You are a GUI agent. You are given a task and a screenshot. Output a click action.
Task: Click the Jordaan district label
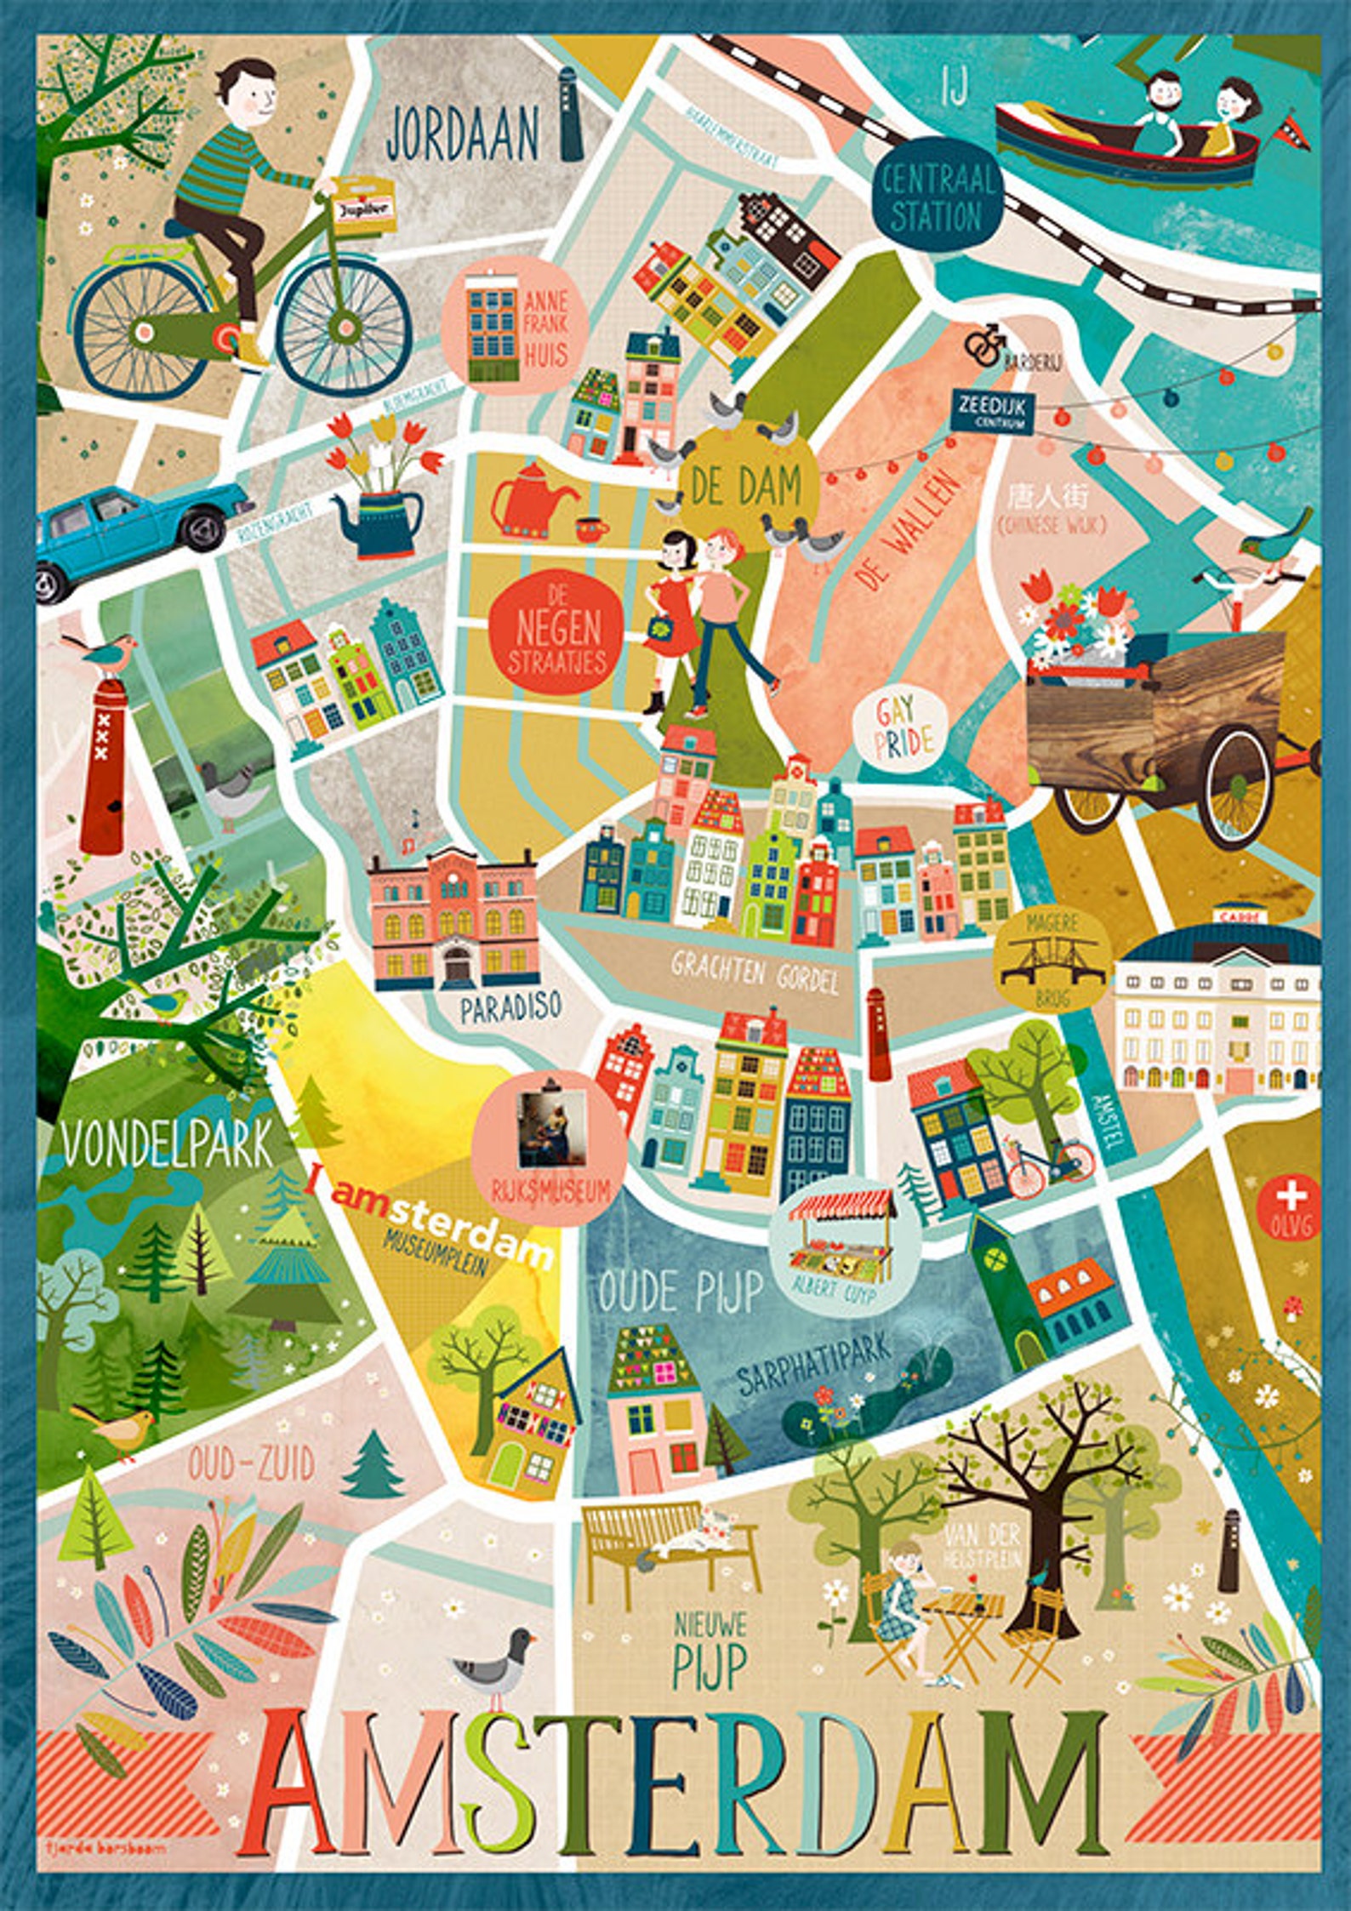pyautogui.click(x=462, y=134)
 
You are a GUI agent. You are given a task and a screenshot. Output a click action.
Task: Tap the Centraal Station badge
pyautogui.click(x=937, y=198)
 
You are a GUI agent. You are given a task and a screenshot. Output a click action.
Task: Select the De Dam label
pyautogui.click(x=747, y=486)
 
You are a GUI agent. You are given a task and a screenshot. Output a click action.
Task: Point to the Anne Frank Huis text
pyautogui.click(x=545, y=328)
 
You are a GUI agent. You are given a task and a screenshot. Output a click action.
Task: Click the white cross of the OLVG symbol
pyautogui.click(x=1291, y=1196)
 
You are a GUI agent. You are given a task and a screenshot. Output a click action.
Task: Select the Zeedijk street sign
pyautogui.click(x=991, y=412)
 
